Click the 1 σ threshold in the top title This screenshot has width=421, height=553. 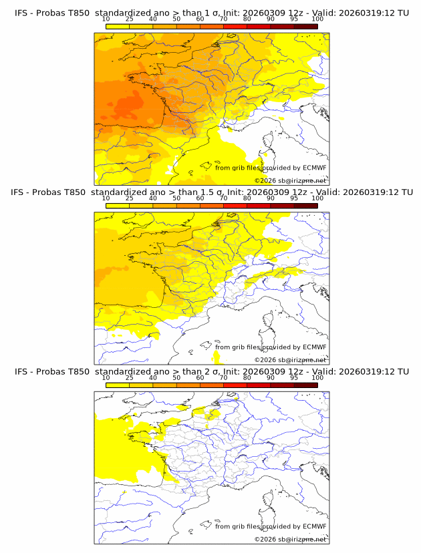[x=212, y=13]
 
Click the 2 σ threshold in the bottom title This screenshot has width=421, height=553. [x=212, y=371]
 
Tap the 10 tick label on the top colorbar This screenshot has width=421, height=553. [x=106, y=19]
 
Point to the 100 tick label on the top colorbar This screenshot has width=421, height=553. [x=317, y=19]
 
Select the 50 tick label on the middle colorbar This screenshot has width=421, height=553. [x=176, y=198]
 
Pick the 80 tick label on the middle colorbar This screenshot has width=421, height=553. [x=247, y=198]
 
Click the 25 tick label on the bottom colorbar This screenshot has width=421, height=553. [x=129, y=377]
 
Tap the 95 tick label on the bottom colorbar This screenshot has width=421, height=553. [x=294, y=377]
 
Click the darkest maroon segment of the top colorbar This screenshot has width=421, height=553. [x=305, y=26]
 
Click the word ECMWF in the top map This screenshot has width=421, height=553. [x=314, y=168]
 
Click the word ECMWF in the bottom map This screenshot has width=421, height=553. [x=314, y=526]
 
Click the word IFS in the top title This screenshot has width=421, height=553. [x=22, y=13]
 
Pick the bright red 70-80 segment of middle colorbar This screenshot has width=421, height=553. [x=235, y=205]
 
